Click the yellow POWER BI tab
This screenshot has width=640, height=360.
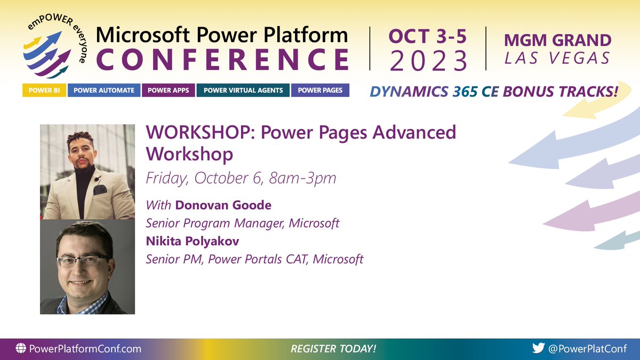[44, 90]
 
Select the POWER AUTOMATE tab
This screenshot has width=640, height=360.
[104, 90]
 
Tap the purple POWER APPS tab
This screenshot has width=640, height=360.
[169, 90]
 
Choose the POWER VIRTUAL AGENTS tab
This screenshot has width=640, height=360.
[243, 90]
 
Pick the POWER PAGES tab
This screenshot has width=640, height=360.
[320, 90]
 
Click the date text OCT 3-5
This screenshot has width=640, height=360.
[428, 37]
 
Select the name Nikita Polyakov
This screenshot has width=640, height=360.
[193, 241]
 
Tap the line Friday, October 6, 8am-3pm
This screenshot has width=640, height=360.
[241, 178]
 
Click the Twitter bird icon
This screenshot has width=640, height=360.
[539, 349]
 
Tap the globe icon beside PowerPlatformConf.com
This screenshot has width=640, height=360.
[21, 349]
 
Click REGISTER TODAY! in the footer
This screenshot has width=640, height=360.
[333, 349]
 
